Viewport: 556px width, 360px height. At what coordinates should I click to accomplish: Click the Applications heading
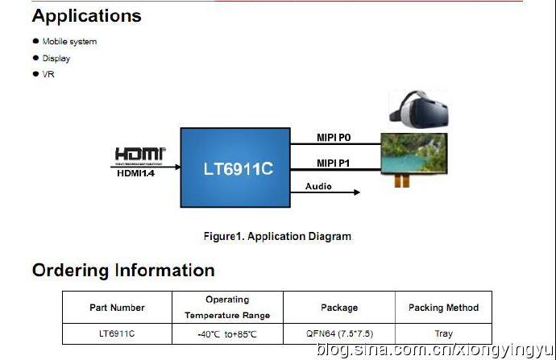coord(86,16)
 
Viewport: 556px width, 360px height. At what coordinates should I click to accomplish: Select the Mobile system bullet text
coord(69,42)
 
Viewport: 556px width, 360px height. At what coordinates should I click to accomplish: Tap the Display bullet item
coord(56,58)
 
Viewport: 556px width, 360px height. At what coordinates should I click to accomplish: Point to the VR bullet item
coord(48,74)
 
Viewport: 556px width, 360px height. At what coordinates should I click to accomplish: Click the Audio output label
coord(317,187)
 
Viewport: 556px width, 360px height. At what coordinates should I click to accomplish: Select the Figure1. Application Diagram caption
coord(277,237)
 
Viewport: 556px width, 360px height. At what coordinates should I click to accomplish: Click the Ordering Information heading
coord(123,271)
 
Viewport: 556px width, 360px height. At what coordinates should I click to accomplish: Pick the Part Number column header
coord(117,308)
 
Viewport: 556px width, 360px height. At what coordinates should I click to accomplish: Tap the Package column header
coord(338,308)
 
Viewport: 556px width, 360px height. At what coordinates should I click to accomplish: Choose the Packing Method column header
coord(443,308)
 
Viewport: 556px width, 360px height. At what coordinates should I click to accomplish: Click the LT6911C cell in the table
coord(117,333)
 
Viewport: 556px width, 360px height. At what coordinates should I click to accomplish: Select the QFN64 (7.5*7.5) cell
coord(338,333)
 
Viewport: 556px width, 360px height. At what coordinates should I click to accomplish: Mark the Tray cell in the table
coord(443,333)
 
